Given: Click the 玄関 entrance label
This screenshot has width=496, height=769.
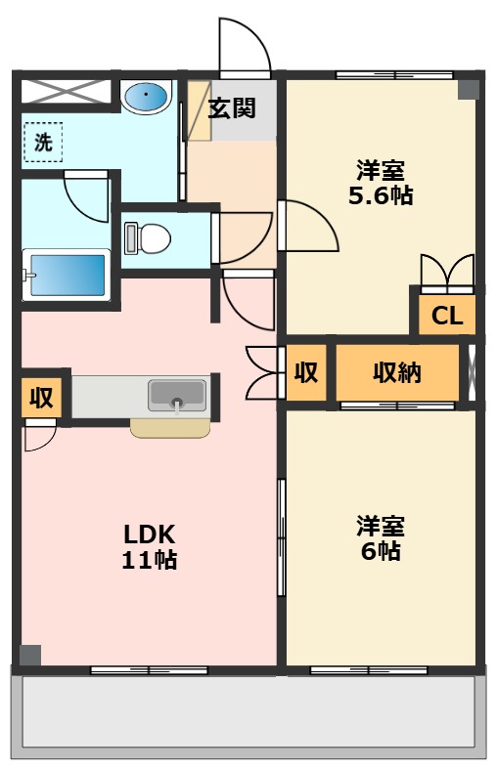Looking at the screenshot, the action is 232,107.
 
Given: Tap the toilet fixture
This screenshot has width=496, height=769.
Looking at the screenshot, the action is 148,238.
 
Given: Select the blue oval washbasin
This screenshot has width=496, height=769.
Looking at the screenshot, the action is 146,96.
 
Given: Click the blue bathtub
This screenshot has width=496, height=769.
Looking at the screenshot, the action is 67,275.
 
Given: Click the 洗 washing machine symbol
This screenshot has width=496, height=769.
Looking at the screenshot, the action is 43,143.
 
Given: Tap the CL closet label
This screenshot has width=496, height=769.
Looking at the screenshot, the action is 447,316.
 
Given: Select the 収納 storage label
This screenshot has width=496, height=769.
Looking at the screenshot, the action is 397,372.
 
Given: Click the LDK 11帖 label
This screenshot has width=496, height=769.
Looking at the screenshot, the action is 150,546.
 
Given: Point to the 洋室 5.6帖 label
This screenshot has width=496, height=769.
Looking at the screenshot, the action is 381,183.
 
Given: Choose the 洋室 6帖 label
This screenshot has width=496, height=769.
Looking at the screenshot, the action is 381,537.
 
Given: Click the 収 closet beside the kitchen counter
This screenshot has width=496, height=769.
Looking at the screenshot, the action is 41,398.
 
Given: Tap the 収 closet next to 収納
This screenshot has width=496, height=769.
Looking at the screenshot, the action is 306,372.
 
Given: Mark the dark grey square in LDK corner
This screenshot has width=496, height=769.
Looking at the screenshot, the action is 30,656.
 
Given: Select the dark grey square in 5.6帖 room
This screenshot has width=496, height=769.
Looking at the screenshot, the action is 469,90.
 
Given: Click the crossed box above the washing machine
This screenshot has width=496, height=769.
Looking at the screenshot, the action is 65,91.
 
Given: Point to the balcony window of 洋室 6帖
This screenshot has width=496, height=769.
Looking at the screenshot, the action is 369,670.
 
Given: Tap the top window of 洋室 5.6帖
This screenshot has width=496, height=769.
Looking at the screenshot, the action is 394,75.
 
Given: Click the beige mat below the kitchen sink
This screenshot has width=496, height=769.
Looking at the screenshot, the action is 170,428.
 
